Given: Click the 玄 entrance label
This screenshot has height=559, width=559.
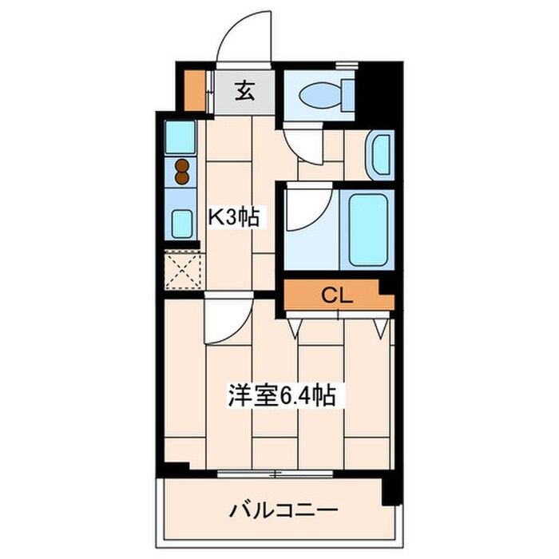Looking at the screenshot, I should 244,92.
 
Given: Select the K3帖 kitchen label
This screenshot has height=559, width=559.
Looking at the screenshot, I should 235,216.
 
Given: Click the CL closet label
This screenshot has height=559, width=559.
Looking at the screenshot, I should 337,295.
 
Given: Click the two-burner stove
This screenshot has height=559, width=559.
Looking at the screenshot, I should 183,172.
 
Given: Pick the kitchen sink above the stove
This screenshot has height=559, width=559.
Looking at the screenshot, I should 180,137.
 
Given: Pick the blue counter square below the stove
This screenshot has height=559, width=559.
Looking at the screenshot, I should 181,220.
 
